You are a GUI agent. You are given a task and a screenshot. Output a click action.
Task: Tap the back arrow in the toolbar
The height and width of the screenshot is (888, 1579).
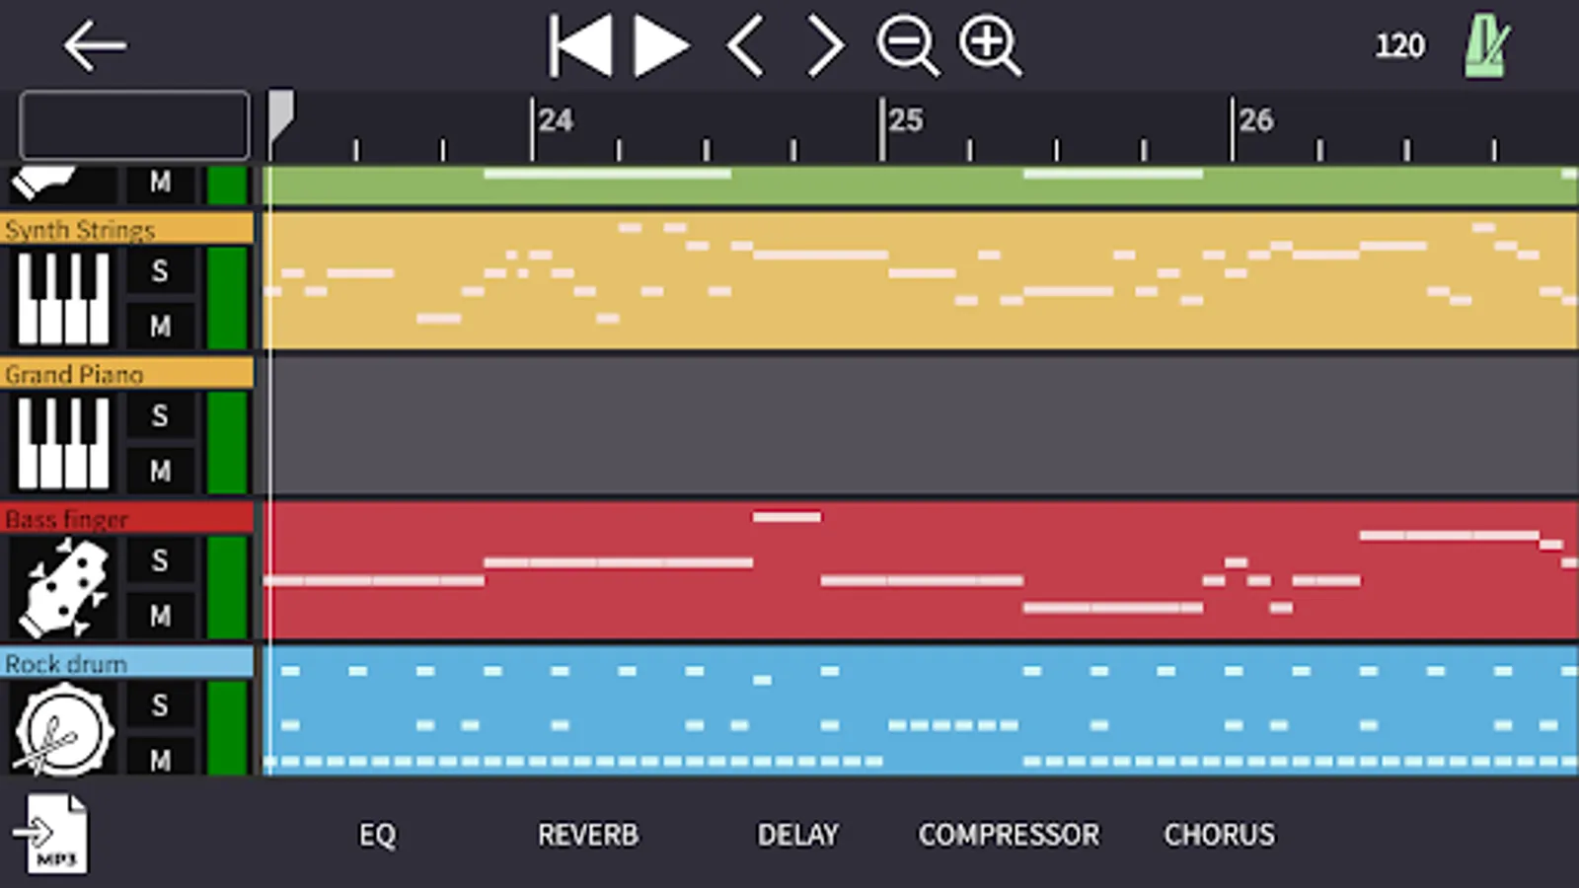tap(95, 45)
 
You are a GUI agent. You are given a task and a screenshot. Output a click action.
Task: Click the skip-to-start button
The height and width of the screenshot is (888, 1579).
tap(580, 45)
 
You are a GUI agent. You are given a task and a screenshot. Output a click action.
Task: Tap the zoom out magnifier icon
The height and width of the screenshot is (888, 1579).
tap(908, 45)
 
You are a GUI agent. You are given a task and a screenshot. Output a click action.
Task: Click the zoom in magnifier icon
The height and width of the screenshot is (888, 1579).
tap(990, 45)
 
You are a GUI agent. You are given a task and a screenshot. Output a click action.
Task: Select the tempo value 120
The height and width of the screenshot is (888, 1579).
tap(1400, 46)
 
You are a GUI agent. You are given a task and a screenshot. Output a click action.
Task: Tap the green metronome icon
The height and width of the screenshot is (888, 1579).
tap(1487, 45)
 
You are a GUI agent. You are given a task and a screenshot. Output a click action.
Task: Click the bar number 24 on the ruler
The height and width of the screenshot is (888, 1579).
tap(557, 120)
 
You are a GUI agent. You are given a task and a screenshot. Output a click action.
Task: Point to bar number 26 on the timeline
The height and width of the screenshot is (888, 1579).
tap(1256, 120)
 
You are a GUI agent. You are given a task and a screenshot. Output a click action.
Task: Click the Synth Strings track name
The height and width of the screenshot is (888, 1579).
tap(80, 230)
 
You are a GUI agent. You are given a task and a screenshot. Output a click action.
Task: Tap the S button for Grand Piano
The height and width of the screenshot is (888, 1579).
tap(160, 415)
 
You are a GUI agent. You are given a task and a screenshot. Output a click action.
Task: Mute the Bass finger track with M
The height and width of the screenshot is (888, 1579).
tap(160, 616)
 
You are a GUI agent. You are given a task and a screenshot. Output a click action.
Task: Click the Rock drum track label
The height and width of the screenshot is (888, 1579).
tap(66, 664)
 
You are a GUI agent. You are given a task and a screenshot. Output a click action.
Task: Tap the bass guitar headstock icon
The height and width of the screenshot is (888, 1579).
tap(63, 588)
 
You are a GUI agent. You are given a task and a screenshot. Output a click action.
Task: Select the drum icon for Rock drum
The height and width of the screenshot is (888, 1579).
tap(63, 729)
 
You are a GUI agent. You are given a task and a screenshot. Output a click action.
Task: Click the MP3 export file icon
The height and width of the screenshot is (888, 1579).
tap(51, 835)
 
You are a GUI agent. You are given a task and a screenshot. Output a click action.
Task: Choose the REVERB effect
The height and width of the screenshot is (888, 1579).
tap(588, 835)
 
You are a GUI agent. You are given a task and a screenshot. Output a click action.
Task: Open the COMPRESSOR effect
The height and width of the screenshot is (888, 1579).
tap(1009, 835)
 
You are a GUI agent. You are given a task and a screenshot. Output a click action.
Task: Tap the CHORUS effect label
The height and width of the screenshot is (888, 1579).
tap(1219, 835)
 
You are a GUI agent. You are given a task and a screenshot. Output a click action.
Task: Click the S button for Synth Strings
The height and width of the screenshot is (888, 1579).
tap(160, 271)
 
